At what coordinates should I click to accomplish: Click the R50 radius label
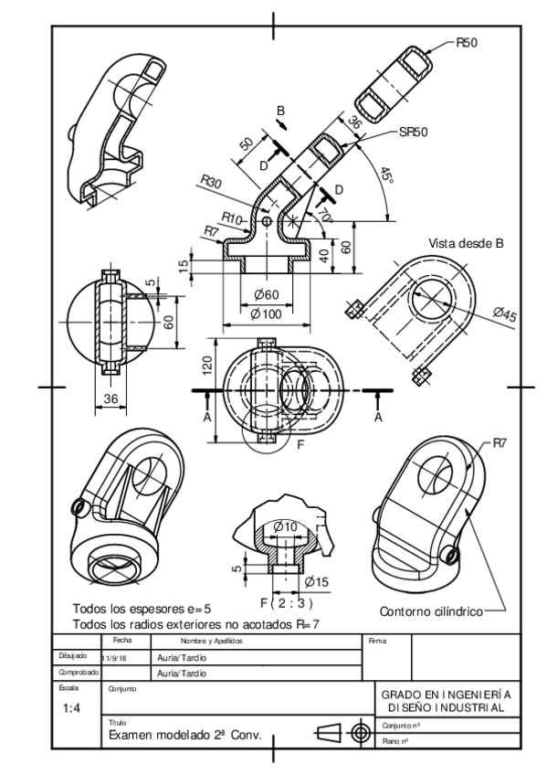[x=468, y=43]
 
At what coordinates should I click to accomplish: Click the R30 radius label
[x=210, y=186]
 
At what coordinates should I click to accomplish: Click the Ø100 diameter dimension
[x=266, y=314]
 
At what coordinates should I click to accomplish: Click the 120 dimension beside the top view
[x=207, y=367]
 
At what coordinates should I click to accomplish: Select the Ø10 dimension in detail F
[x=286, y=527]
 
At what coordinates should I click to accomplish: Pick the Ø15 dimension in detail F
[x=316, y=581]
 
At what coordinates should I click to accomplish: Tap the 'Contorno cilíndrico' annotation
[x=429, y=610]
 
